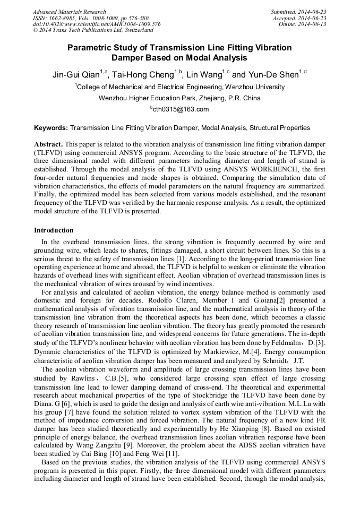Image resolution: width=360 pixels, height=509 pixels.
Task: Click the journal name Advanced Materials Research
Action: coord(69,12)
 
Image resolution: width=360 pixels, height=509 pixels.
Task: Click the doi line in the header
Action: coord(97,24)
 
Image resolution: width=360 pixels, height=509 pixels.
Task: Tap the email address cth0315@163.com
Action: coord(181,109)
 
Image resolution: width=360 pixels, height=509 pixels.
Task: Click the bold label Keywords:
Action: coord(51,128)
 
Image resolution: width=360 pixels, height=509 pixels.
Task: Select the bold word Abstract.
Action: coord(48,144)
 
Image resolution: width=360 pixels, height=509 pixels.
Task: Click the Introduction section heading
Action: coord(54,230)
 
